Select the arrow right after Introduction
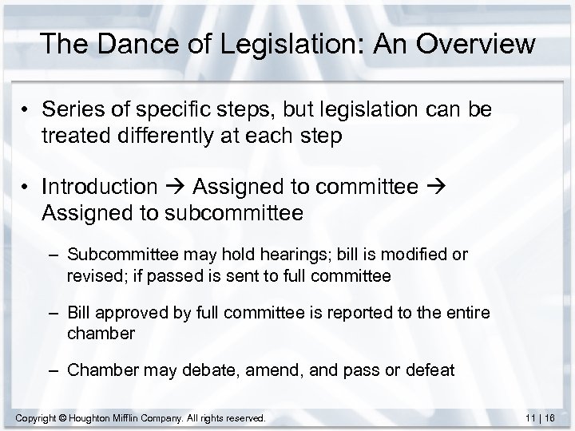[175, 188]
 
